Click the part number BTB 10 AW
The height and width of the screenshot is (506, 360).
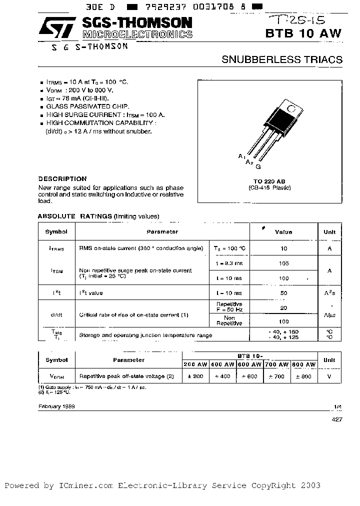pyautogui.click(x=310, y=33)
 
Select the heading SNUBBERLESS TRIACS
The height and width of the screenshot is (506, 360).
pyautogui.click(x=282, y=59)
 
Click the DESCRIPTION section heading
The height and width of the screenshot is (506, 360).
pyautogui.click(x=62, y=178)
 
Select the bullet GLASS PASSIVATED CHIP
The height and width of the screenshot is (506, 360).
pyautogui.click(x=87, y=106)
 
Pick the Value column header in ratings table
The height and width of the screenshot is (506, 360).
pyautogui.click(x=283, y=232)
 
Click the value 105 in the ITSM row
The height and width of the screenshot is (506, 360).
pyautogui.click(x=283, y=263)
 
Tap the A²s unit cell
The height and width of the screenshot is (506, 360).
pyautogui.click(x=329, y=293)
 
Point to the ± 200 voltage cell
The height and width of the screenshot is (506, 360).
pyautogui.click(x=195, y=376)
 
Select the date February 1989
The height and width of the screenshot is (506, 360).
pyautogui.click(x=56, y=406)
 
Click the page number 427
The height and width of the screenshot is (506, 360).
pyautogui.click(x=336, y=420)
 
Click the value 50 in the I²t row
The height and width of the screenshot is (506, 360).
pyautogui.click(x=283, y=293)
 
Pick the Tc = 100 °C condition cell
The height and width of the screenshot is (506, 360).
pyautogui.click(x=229, y=248)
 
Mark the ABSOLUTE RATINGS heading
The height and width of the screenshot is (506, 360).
pyautogui.click(x=75, y=216)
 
